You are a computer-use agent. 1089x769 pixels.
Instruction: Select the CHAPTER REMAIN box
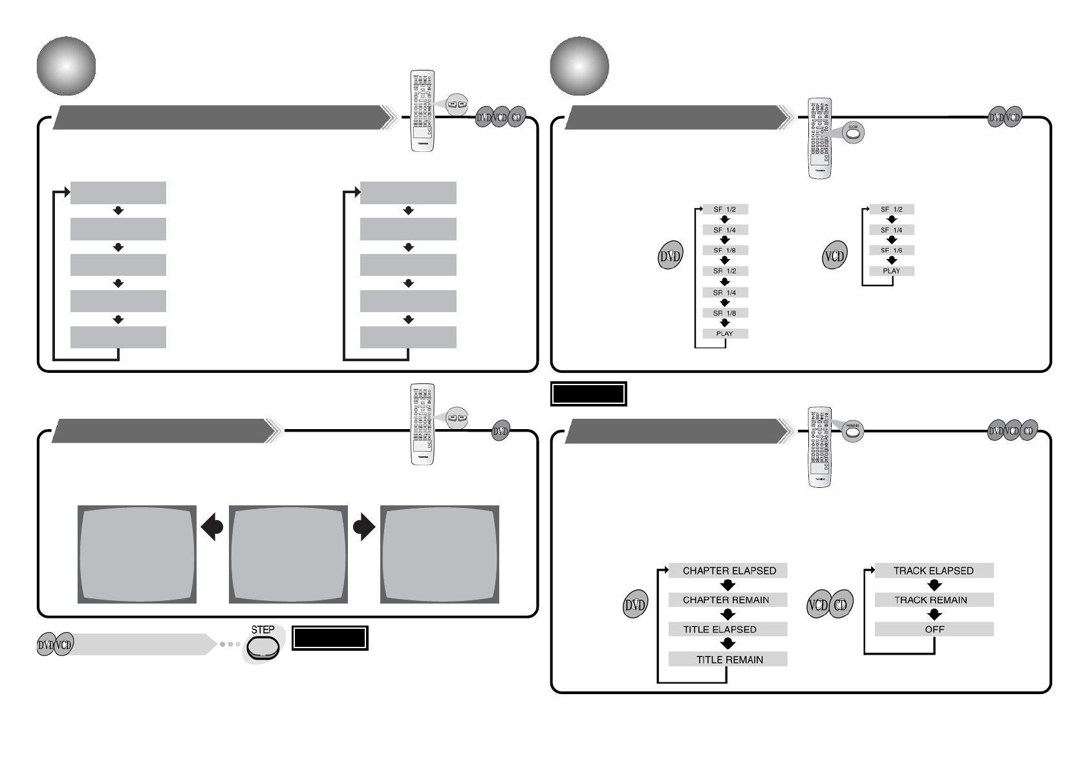(728, 600)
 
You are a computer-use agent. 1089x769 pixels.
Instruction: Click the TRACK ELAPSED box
(933, 571)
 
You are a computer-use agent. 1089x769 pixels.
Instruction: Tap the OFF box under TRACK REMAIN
(933, 629)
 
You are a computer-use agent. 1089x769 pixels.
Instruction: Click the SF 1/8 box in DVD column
(725, 250)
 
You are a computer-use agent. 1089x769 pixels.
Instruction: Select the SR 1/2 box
(725, 271)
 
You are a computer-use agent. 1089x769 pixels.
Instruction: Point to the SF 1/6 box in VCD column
(891, 250)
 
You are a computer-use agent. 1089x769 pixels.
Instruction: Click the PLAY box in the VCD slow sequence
(891, 271)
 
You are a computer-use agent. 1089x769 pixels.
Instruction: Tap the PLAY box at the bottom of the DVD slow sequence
(725, 333)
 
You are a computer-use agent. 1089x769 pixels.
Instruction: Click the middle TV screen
(288, 554)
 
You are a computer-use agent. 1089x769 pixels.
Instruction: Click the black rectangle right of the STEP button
(330, 638)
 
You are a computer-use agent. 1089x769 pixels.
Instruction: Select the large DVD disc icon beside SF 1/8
(670, 257)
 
